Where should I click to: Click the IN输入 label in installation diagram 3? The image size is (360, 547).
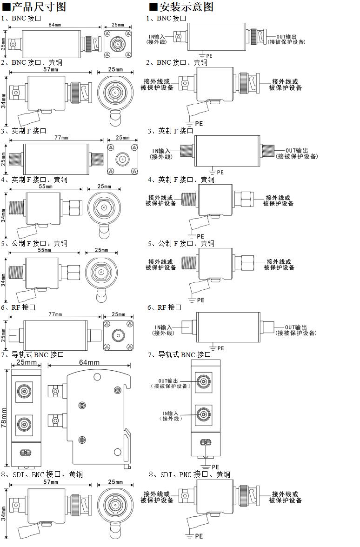(x=161, y=151)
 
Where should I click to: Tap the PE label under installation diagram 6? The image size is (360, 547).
(x=220, y=348)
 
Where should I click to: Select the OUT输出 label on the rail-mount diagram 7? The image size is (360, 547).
(x=168, y=380)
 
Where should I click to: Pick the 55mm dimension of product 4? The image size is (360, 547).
(x=45, y=187)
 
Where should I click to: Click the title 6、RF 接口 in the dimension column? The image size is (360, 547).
(x=19, y=307)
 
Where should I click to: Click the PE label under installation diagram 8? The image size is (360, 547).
(x=199, y=536)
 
